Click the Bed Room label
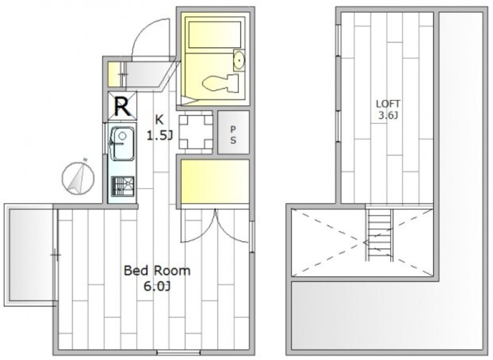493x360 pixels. pyautogui.click(x=157, y=271)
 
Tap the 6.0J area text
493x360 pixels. pyautogui.click(x=157, y=287)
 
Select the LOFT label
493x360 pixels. pyautogui.click(x=388, y=104)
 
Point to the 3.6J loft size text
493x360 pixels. pyautogui.click(x=388, y=115)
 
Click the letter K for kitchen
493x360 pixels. pyautogui.click(x=160, y=120)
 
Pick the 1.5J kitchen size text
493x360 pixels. pyautogui.click(x=160, y=136)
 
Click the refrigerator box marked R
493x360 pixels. pyautogui.click(x=122, y=105)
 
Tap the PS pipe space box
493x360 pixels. pyautogui.click(x=234, y=133)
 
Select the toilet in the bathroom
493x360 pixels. pyautogui.click(x=221, y=83)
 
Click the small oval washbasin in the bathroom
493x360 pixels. pyautogui.click(x=240, y=60)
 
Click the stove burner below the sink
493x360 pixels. pyautogui.click(x=122, y=186)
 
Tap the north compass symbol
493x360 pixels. pyautogui.click(x=78, y=178)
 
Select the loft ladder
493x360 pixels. pyautogui.click(x=379, y=234)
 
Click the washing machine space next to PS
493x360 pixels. pyautogui.click(x=196, y=132)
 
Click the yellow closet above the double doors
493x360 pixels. pyautogui.click(x=215, y=182)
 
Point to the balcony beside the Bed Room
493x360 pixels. pyautogui.click(x=30, y=255)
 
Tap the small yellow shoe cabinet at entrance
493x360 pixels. pyautogui.click(x=115, y=75)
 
